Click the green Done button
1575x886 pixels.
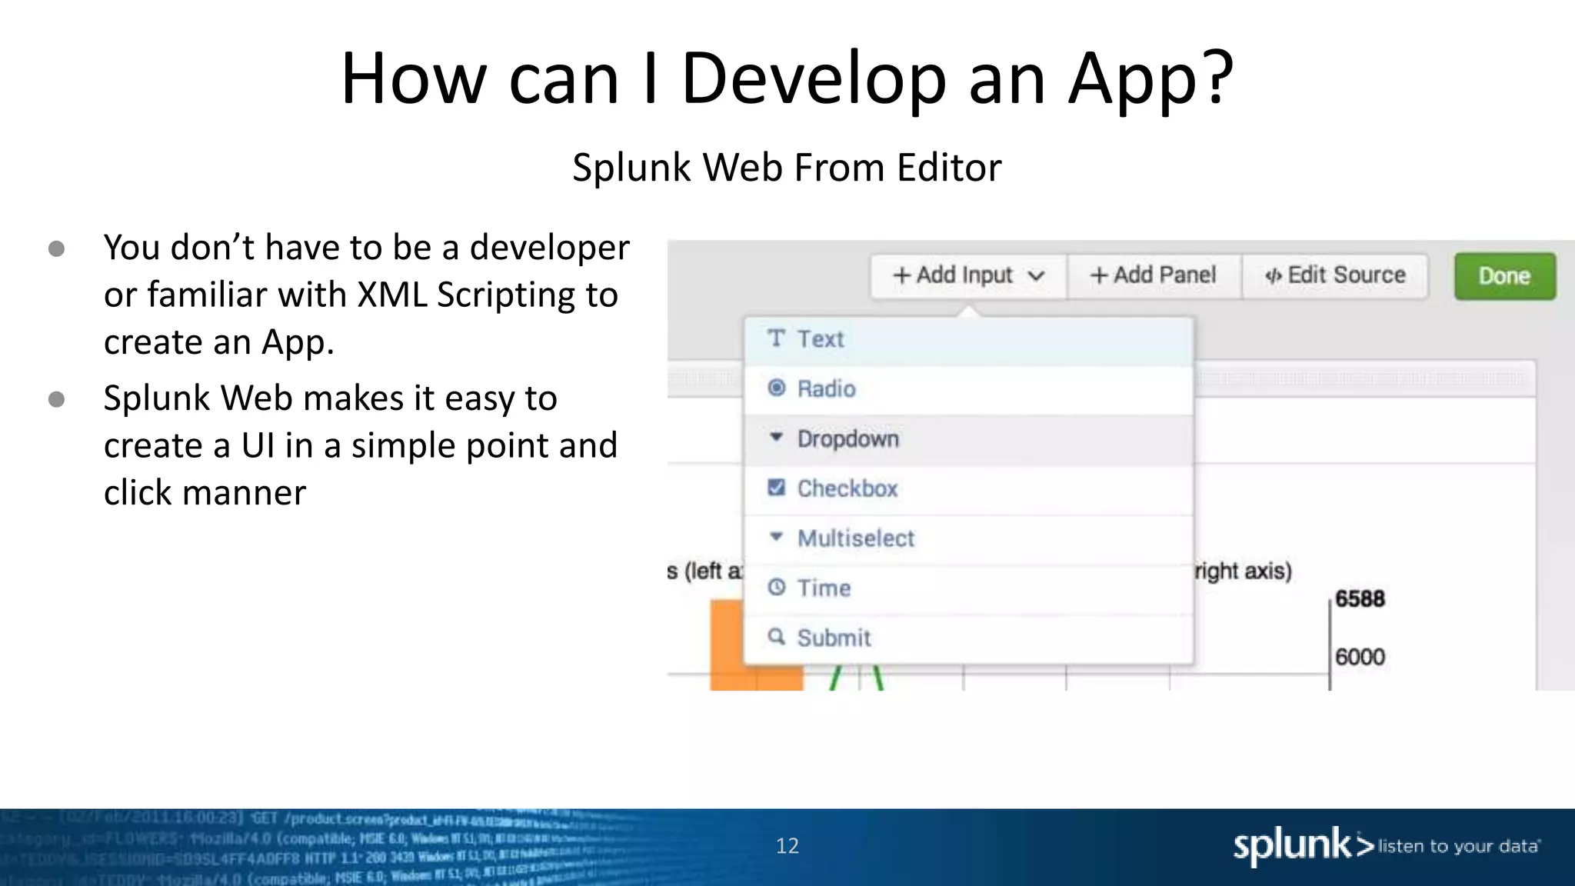coord(1504,276)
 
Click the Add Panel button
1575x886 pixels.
coord(1154,275)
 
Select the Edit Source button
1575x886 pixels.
coord(1336,275)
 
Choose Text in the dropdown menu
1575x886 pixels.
coord(820,339)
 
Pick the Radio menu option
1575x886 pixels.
coord(826,389)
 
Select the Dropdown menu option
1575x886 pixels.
coord(847,439)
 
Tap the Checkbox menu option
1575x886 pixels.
coord(847,488)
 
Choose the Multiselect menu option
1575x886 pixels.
coord(855,538)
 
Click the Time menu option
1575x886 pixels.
coord(824,588)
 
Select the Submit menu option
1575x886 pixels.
coord(834,638)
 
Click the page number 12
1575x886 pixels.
coord(787,846)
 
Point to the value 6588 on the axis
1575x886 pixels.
coord(1360,599)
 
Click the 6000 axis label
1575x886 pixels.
coord(1360,657)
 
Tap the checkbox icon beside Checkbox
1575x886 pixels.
coord(777,488)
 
